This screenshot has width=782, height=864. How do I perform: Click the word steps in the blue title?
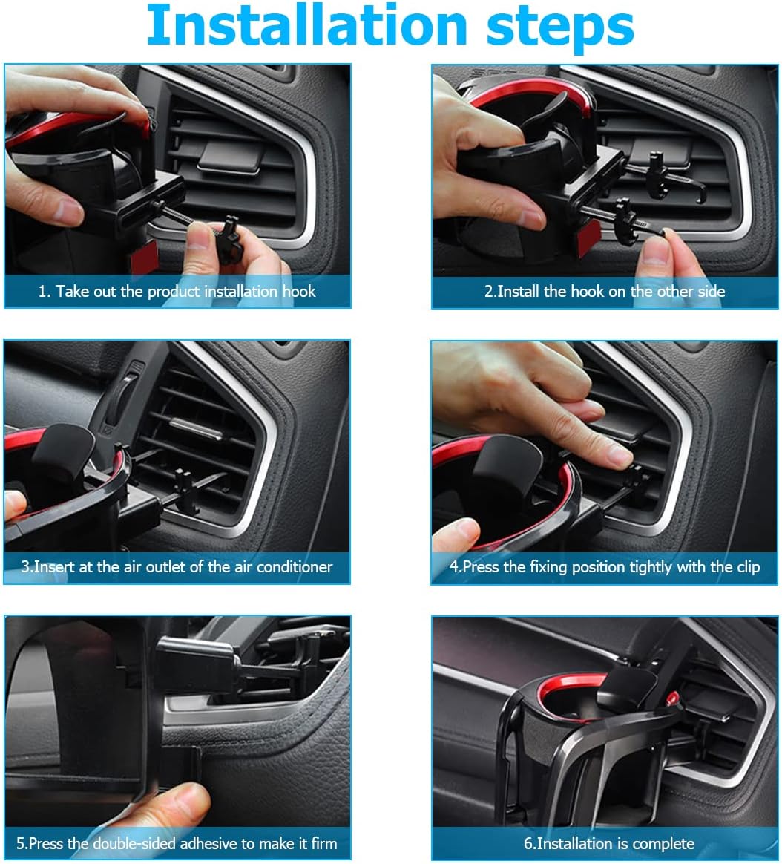(560, 27)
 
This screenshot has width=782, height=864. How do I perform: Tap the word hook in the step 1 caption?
(299, 291)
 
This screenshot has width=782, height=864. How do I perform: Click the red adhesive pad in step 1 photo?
(144, 257)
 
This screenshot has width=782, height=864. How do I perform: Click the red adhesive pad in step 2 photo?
(588, 238)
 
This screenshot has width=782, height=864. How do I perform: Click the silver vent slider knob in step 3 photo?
(196, 429)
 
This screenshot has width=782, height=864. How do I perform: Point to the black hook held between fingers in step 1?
(230, 240)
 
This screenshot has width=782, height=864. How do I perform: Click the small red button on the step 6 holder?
(672, 698)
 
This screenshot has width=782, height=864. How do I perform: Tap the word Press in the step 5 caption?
(46, 843)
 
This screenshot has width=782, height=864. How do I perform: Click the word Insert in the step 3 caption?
(54, 566)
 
